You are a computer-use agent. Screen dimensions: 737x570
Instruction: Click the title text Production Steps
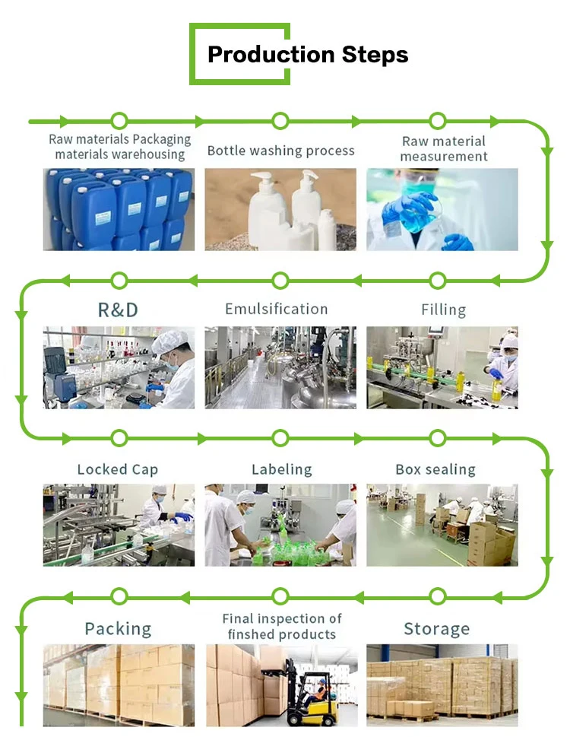click(308, 55)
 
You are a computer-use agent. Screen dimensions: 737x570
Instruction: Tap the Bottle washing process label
click(280, 151)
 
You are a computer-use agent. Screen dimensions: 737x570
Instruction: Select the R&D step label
click(118, 310)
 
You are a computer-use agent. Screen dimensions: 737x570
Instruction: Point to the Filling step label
click(443, 310)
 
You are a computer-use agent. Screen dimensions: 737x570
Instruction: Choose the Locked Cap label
click(118, 469)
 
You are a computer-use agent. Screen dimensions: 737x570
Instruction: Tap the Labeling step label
click(281, 469)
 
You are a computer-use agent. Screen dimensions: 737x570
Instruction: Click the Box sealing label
click(435, 469)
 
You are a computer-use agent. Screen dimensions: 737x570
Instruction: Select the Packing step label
click(118, 629)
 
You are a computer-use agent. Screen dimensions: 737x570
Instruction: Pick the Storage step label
click(436, 629)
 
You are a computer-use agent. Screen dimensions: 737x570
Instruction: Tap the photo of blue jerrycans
click(119, 209)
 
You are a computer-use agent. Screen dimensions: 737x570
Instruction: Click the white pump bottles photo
click(280, 209)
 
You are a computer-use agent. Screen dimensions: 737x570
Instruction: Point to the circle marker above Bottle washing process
click(280, 121)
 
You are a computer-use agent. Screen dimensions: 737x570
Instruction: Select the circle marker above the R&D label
click(119, 281)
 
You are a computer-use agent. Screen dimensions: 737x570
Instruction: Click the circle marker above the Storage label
click(437, 596)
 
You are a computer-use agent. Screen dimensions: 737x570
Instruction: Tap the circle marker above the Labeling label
click(280, 438)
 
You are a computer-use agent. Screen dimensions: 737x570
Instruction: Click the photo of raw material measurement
click(442, 209)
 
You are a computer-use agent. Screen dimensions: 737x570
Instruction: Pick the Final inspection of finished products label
click(282, 627)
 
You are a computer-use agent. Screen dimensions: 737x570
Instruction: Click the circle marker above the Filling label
click(437, 281)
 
